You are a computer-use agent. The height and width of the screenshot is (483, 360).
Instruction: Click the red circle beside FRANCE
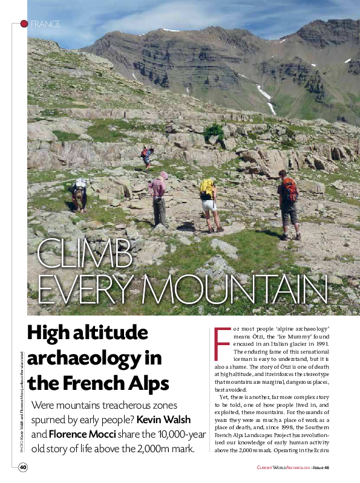[24, 24]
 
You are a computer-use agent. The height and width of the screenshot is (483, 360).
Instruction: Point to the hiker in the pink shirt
[159, 193]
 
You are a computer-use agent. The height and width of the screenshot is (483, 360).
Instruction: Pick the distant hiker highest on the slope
[146, 156]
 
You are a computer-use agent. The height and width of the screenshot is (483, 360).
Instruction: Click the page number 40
[22, 467]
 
